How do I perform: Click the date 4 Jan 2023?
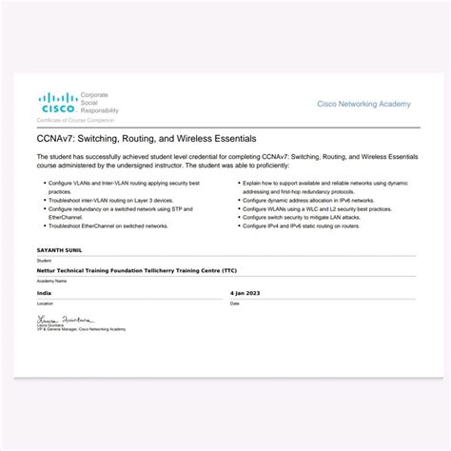pos(245,293)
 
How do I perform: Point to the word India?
pos(44,293)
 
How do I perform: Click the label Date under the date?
pos(235,304)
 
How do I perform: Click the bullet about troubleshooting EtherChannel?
pos(108,225)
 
